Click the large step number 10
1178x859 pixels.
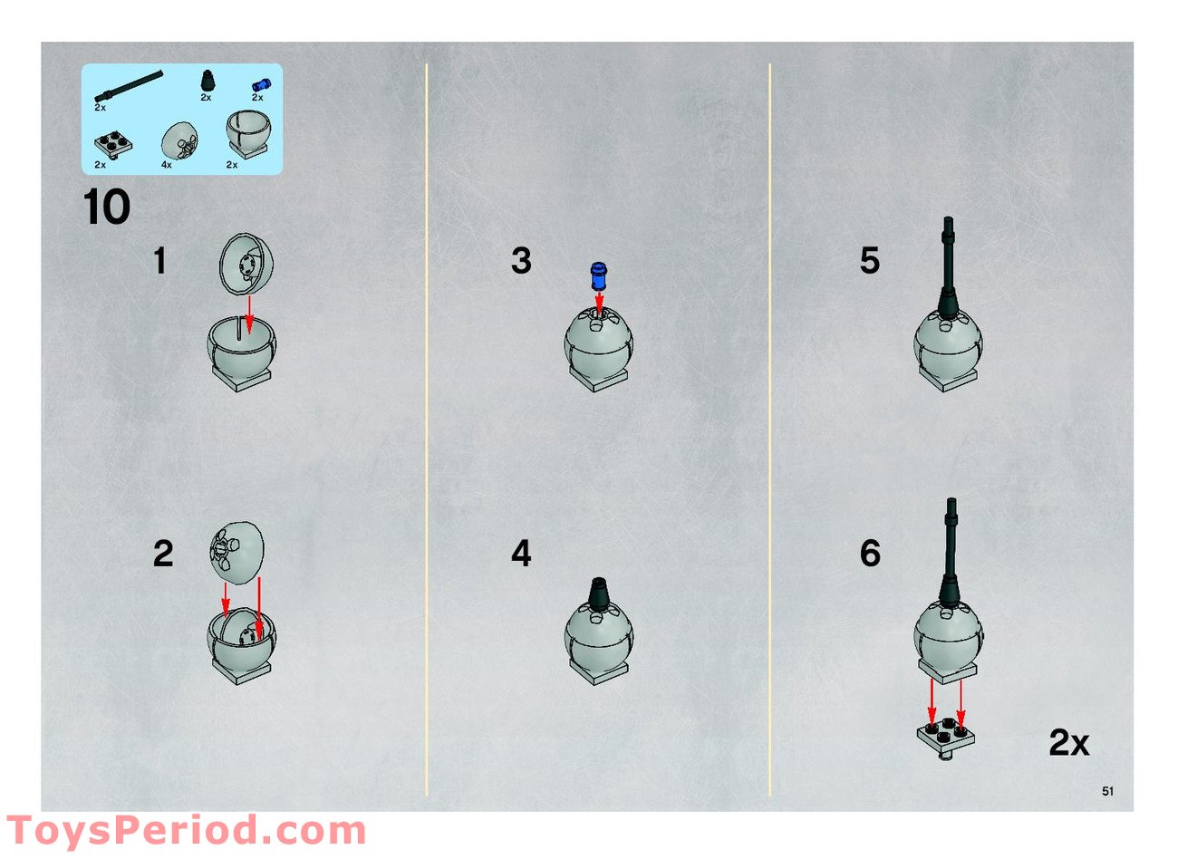click(106, 207)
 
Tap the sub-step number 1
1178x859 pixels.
click(159, 261)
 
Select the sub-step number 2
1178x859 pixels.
click(163, 554)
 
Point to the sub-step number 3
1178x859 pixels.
click(521, 261)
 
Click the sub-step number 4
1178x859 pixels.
click(521, 554)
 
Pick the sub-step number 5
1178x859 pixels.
click(870, 261)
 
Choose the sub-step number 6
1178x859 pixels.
click(870, 554)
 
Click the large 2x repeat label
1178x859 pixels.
click(1069, 743)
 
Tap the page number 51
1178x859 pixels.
click(1108, 791)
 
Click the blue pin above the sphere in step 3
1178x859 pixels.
click(598, 276)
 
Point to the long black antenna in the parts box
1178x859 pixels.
click(129, 85)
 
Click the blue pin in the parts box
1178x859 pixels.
click(261, 84)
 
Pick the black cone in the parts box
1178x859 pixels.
click(208, 81)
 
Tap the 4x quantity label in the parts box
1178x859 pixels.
click(167, 165)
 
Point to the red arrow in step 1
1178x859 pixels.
click(249, 315)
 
